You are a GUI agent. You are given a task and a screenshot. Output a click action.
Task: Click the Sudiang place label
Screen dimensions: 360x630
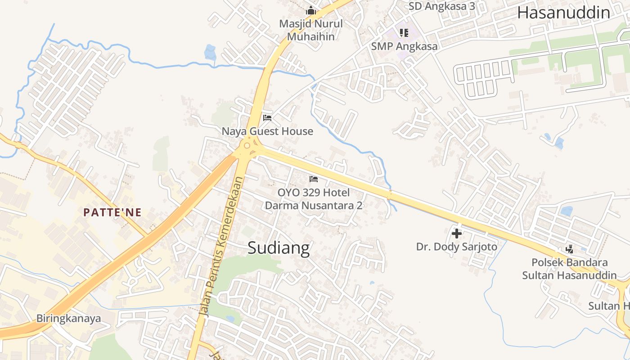pos(279,248)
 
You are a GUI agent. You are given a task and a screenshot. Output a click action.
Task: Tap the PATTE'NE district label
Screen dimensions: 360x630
pos(112,212)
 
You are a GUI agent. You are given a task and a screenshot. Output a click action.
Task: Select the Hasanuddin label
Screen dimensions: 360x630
pos(563,13)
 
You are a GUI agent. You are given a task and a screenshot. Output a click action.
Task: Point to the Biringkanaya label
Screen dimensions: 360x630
pos(68,319)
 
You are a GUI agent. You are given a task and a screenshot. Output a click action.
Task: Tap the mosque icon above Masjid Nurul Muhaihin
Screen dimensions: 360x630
pos(311,10)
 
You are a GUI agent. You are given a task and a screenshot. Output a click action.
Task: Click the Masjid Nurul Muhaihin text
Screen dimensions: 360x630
pos(311,30)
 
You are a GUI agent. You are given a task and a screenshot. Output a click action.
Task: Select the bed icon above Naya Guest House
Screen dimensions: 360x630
pos(267,118)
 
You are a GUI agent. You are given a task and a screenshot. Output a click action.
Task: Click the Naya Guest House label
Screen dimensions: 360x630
pos(267,131)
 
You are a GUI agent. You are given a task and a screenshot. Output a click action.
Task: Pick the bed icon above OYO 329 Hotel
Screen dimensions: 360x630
pos(314,179)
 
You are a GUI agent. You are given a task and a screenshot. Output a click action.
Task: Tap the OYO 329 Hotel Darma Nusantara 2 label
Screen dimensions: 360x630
pos(314,199)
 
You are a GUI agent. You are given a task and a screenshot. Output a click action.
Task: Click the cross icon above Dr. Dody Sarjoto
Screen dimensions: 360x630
pos(457,234)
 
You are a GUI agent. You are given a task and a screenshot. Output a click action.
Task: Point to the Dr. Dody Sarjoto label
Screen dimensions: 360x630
pos(457,247)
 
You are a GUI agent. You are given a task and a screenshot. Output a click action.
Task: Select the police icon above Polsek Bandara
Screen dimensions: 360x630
pos(569,249)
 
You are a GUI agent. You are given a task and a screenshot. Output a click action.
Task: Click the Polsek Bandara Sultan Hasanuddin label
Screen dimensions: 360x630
pos(569,269)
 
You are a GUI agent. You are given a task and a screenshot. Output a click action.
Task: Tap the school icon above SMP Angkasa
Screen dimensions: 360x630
pos(404,33)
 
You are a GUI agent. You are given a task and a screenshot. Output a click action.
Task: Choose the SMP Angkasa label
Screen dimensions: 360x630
pos(404,46)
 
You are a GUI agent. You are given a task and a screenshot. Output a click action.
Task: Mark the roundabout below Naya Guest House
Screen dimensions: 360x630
pos(247,145)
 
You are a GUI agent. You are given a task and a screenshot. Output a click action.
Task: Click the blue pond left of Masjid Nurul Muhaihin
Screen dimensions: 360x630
pos(210,52)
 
